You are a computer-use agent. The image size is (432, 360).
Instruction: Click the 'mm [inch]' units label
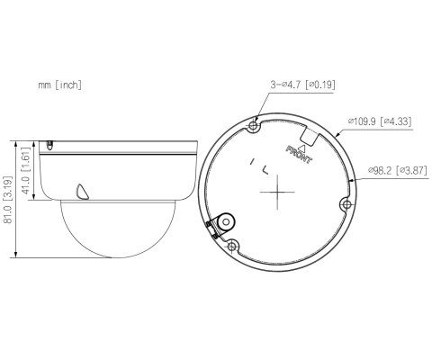[60, 85]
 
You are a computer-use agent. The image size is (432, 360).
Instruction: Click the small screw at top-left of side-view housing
[49, 144]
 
